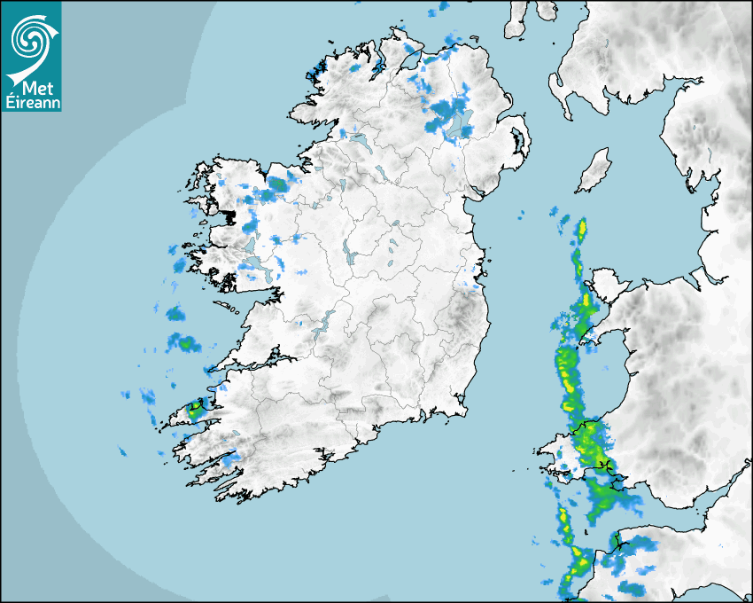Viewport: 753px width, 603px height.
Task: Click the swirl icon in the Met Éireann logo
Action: point(29,38)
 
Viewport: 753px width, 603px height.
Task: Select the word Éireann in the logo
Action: point(31,102)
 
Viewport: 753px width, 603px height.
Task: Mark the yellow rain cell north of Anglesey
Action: point(582,231)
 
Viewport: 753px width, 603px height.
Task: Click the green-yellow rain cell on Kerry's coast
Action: point(194,411)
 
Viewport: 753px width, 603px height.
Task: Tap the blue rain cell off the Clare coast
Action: point(185,342)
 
